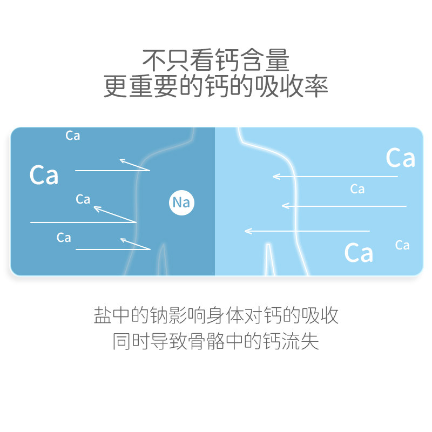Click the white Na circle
tap(181, 203)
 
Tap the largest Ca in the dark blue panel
tap(44, 175)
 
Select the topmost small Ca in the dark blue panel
tap(73, 136)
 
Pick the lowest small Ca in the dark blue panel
tap(64, 238)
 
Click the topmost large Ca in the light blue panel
tap(400, 158)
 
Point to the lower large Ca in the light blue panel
tap(359, 252)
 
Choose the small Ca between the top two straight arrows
tap(357, 189)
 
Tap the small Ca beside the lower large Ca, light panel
tap(402, 245)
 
